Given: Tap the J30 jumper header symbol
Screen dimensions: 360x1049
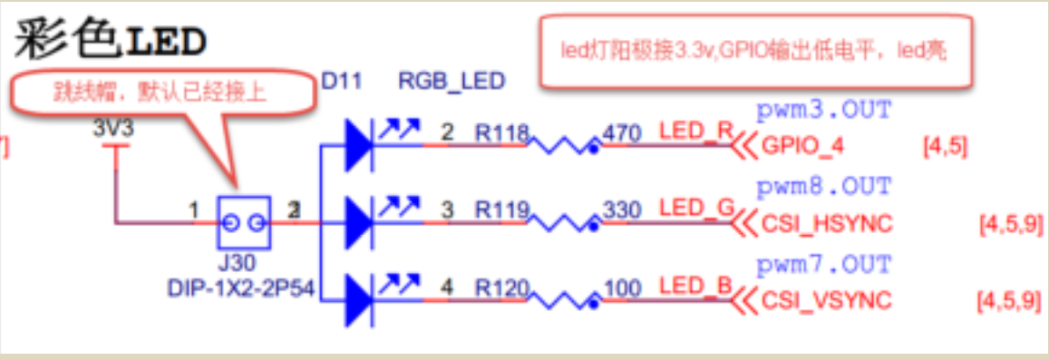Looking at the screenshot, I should (243, 222).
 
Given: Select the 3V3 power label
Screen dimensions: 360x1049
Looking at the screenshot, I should (113, 129).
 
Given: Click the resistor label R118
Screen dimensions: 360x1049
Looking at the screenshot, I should (501, 133).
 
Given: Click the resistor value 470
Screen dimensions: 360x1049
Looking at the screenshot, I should (622, 133).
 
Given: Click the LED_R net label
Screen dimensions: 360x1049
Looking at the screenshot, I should (695, 132).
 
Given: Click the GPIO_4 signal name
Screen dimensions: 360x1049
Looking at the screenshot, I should (802, 146).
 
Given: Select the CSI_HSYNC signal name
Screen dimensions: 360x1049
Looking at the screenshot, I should (827, 223).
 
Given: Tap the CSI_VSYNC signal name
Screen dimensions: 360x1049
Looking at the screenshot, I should (827, 301).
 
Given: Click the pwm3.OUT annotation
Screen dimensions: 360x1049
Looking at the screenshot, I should (824, 111).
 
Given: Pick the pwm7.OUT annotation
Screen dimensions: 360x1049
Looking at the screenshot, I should (824, 266).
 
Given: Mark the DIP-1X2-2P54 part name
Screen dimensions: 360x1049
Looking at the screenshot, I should (242, 288).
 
